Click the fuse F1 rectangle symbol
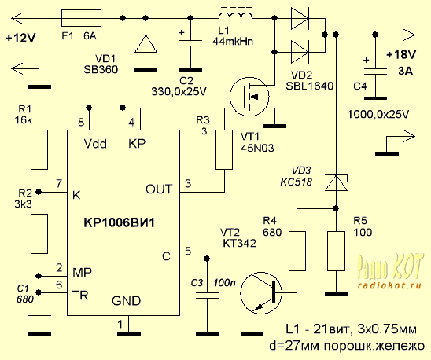coord(81,18)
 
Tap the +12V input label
coord(20,39)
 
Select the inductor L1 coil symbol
coord(236,16)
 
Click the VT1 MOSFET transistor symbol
coord(249,96)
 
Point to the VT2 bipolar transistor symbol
coord(261,293)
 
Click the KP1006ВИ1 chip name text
coord(120,222)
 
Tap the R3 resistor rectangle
coord(225,150)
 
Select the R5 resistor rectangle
coord(336,251)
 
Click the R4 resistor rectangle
coord(297,251)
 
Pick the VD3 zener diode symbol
coord(336,182)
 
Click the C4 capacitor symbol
coord(375,72)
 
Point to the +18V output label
coord(401,55)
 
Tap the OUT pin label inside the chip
coord(159,189)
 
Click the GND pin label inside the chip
coord(126,301)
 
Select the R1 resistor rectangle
coord(39,150)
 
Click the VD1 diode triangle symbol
coord(146,43)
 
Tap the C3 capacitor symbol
coord(208,296)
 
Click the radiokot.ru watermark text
coord(389,285)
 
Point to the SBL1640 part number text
coord(310,86)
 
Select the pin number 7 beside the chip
coord(59,183)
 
